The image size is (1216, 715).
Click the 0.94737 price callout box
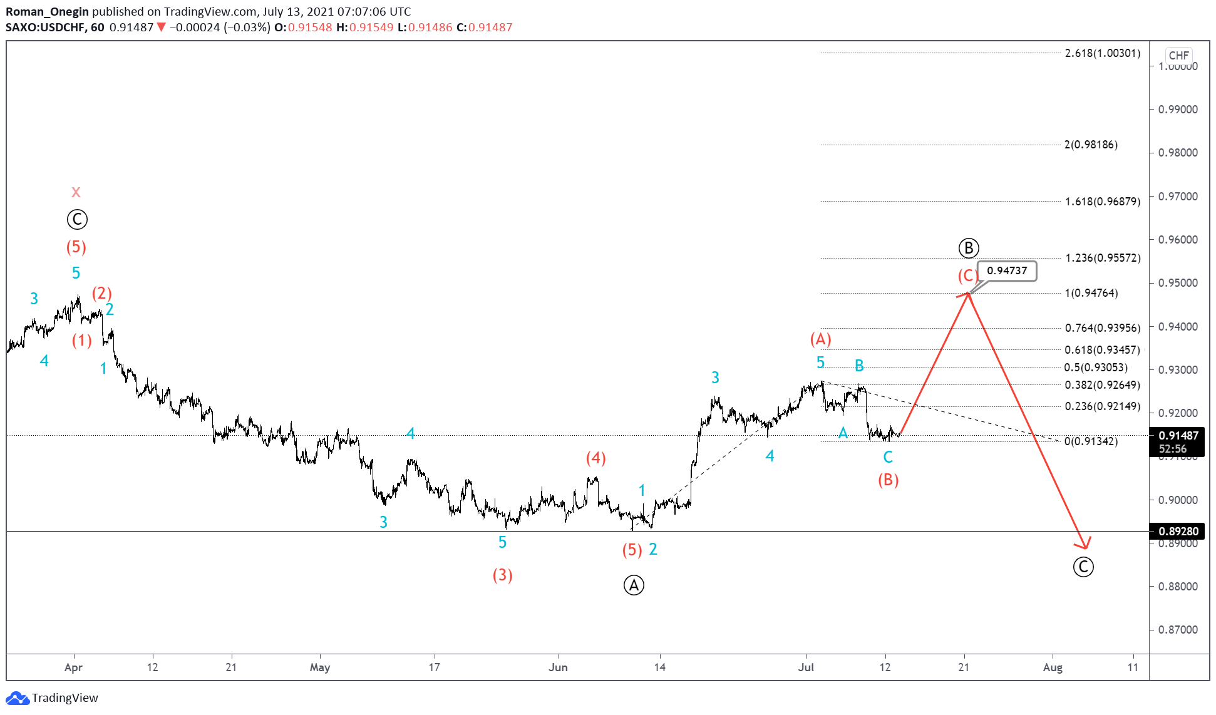coord(1006,271)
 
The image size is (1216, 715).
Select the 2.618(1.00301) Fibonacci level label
coord(1103,53)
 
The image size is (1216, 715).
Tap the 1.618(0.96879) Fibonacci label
coord(1103,202)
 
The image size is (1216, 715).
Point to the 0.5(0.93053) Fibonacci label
coord(1096,368)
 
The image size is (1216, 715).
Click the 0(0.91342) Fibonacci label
coord(1091,441)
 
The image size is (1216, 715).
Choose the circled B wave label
coord(968,248)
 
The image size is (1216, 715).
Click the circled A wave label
coord(634,585)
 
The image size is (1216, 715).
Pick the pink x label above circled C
coord(76,192)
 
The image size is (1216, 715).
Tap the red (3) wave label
coord(502,575)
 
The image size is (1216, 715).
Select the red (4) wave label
coord(595,458)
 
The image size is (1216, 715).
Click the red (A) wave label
coord(820,339)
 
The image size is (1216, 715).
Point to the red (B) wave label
coord(888,480)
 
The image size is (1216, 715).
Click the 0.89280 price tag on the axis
coord(1178,532)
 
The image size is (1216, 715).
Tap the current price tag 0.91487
coord(1178,436)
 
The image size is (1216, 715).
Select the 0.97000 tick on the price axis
coord(1178,197)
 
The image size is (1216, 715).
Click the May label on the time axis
coord(320,667)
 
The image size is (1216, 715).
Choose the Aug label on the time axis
coord(1053,667)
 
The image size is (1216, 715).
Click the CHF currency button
coord(1178,55)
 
